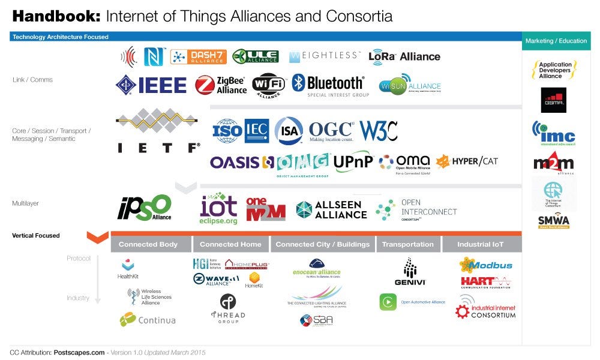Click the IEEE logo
151,85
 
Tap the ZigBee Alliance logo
221,85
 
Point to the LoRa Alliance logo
404,56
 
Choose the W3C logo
379,130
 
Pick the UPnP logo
353,161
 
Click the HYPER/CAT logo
467,161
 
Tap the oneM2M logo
266,208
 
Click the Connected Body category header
148,244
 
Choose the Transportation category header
407,244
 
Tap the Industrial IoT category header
481,244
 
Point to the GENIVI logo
410,272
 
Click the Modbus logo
485,265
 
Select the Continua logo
148,320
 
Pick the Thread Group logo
227,308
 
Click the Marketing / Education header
556,41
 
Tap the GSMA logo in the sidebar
553,100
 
